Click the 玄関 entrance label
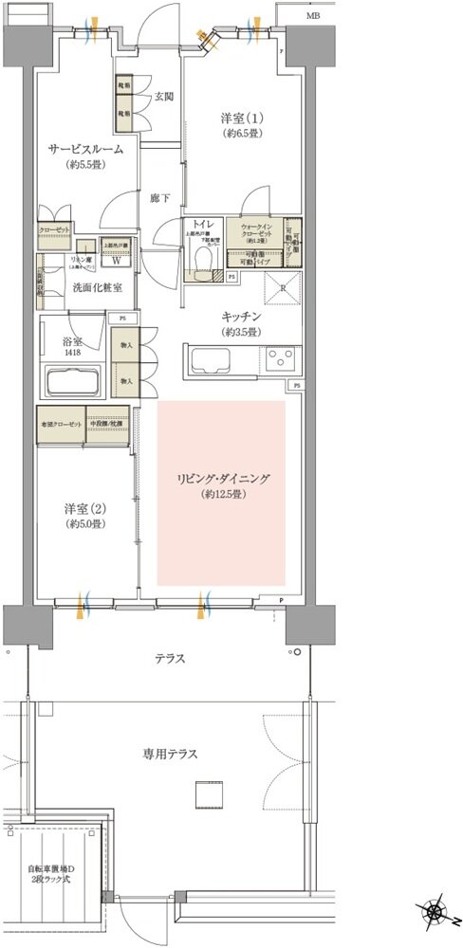(163, 95)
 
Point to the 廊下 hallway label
(159, 199)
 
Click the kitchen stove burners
(281, 358)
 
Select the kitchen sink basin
(208, 360)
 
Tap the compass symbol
(436, 914)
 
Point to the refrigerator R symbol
(282, 288)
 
